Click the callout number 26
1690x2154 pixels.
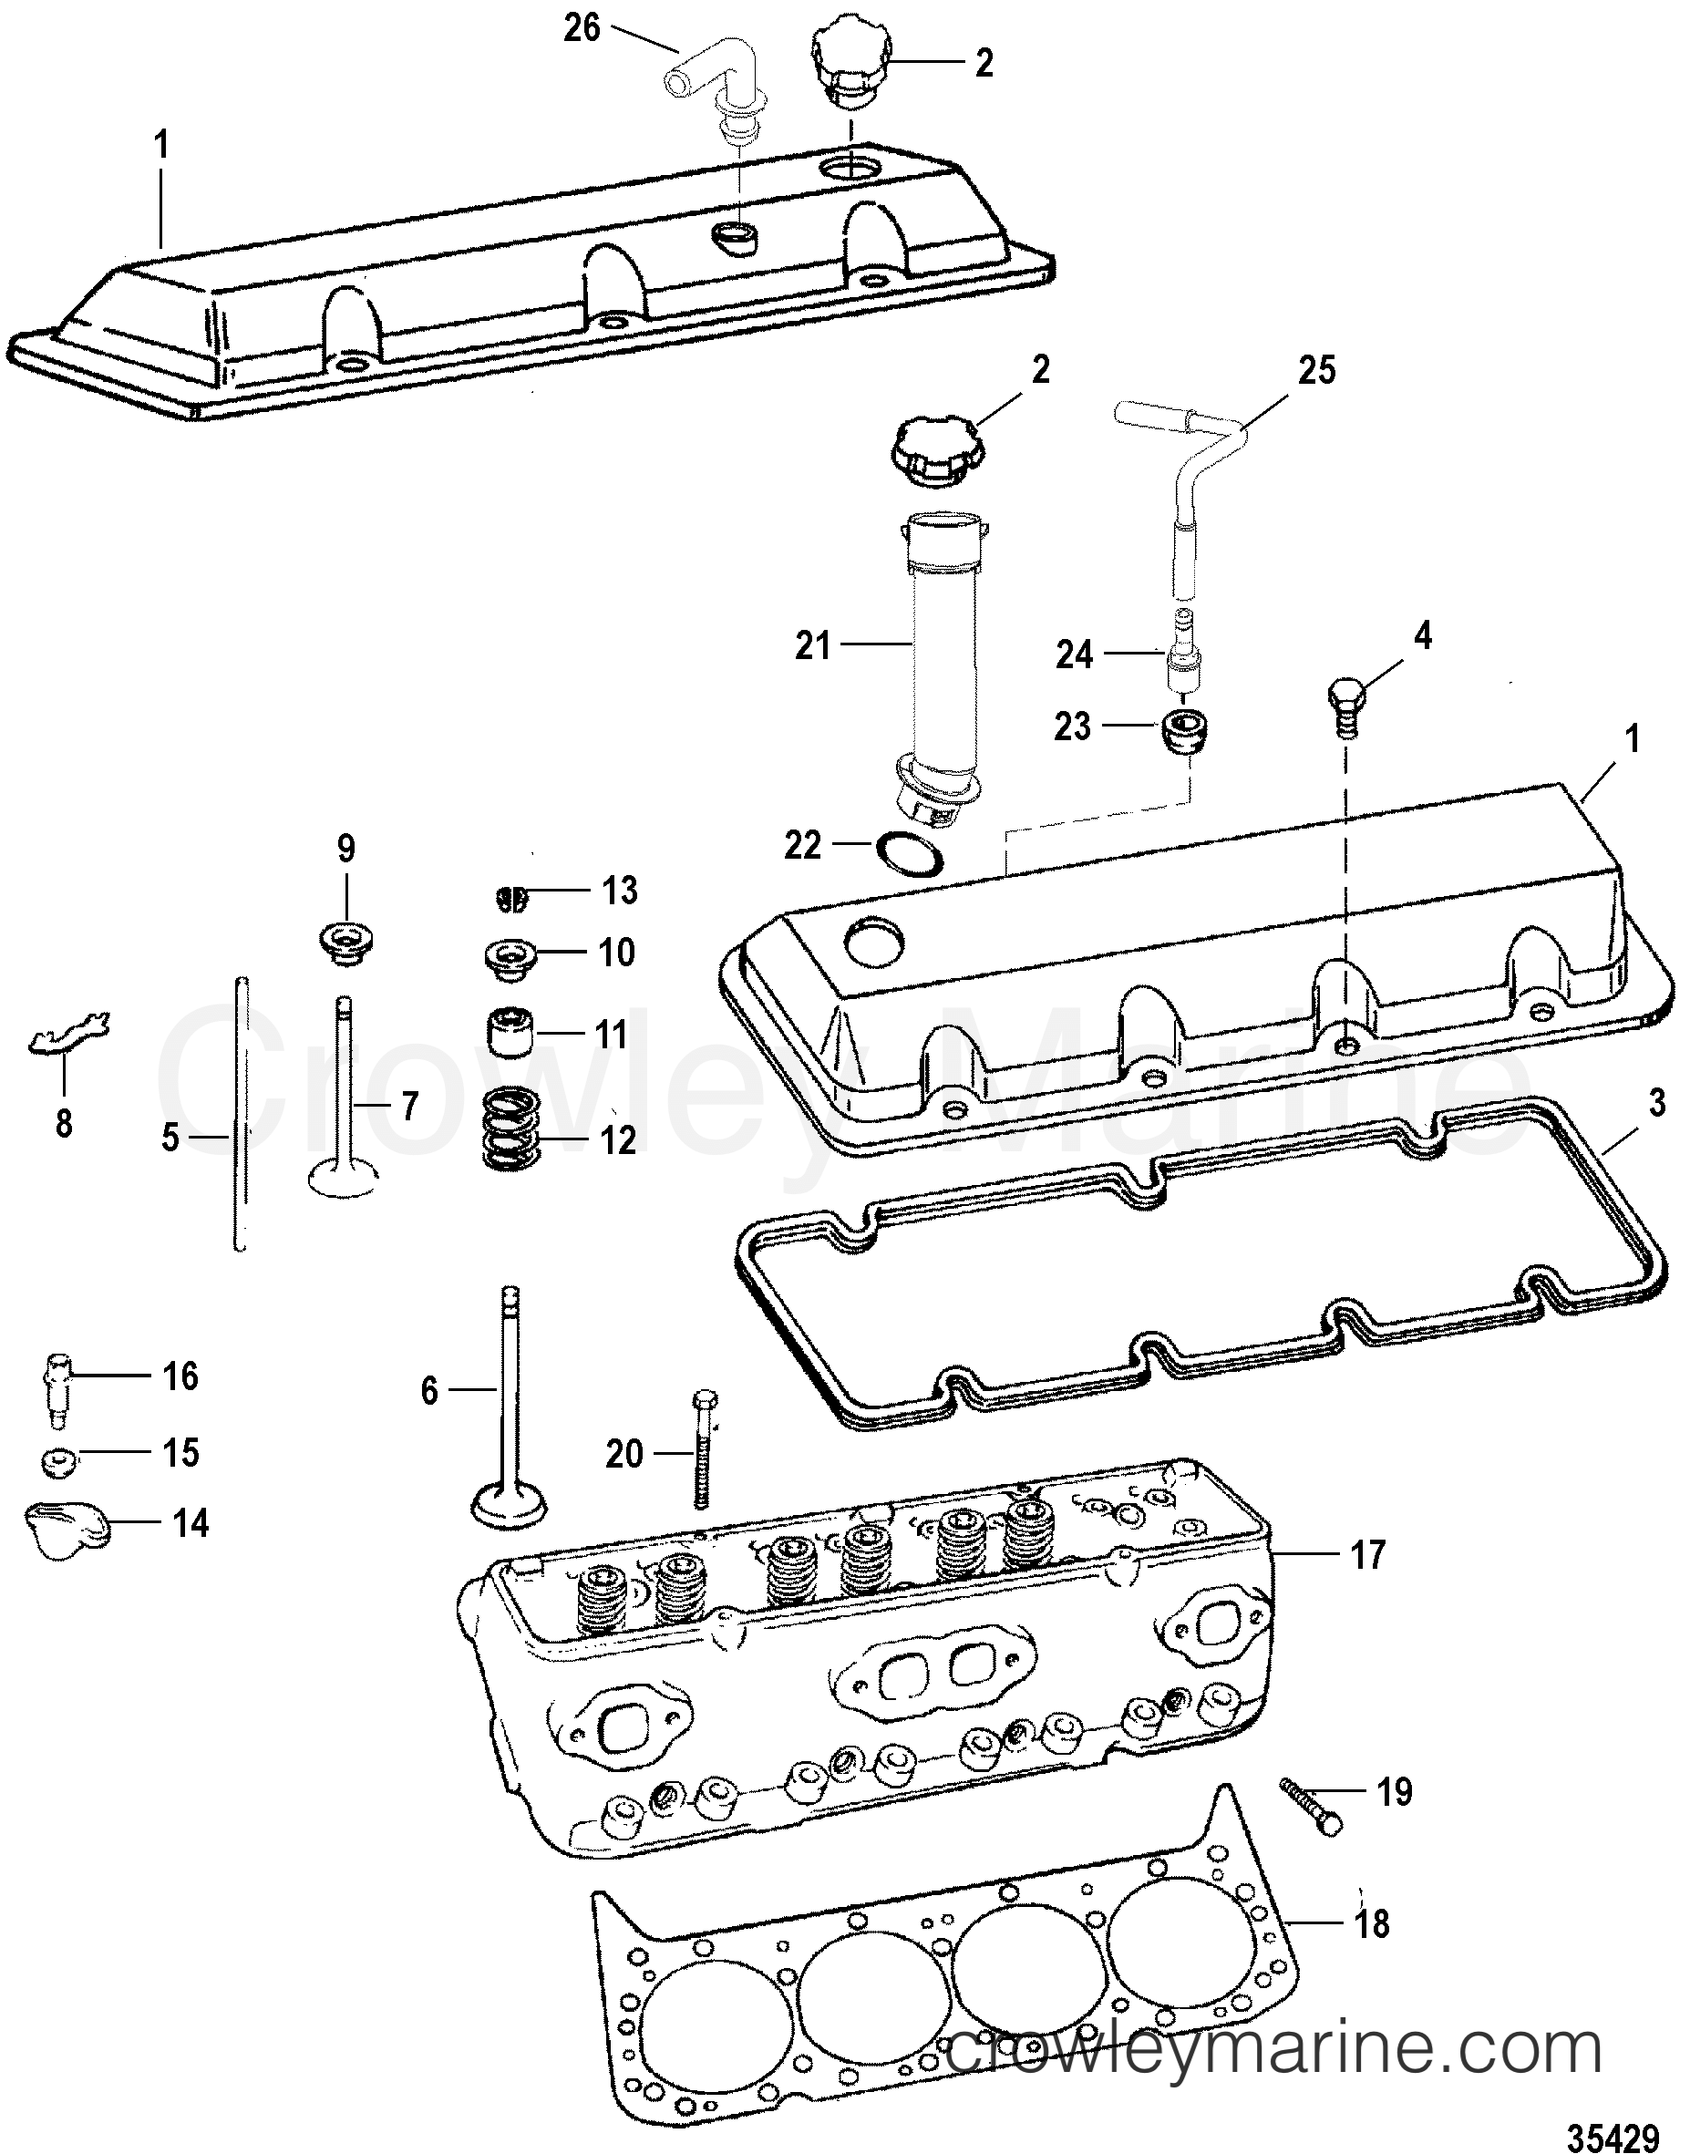tap(582, 27)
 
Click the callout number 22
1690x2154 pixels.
tap(801, 845)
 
